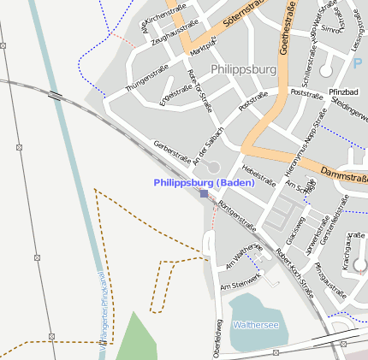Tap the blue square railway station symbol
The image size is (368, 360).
pos(204,194)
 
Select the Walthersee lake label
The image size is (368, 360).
pos(256,326)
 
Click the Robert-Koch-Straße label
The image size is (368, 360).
pos(294,272)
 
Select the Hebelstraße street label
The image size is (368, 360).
pos(258,175)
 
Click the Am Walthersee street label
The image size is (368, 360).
pos(242,257)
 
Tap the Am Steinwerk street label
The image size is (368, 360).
pos(240,281)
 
